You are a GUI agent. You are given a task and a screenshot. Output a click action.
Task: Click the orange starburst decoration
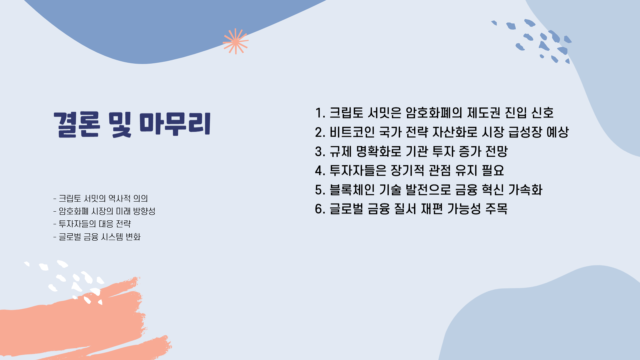(x=235, y=41)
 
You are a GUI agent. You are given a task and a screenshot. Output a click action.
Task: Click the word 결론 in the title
(x=77, y=124)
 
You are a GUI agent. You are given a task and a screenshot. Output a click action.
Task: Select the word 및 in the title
(x=120, y=124)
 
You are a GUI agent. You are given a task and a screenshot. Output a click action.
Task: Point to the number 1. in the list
(x=320, y=113)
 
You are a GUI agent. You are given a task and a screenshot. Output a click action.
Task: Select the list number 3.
(x=320, y=152)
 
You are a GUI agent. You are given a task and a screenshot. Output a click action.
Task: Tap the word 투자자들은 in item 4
(x=358, y=171)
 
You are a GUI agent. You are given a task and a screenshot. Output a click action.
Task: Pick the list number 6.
(x=320, y=209)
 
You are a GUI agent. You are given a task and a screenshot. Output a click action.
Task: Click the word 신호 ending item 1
(x=542, y=113)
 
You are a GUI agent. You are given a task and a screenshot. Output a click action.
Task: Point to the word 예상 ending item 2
(x=557, y=132)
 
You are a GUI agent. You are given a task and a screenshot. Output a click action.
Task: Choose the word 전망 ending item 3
(x=496, y=152)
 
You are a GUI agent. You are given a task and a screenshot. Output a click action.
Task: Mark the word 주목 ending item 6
(x=496, y=209)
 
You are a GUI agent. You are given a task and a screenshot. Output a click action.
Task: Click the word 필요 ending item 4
(x=493, y=171)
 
